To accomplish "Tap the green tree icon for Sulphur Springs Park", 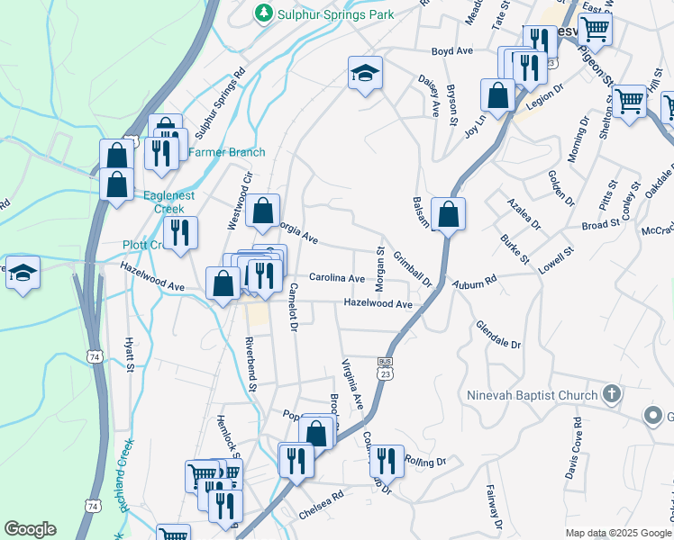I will (x=263, y=13).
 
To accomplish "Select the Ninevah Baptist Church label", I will (x=533, y=395).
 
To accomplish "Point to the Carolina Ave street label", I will (x=337, y=279).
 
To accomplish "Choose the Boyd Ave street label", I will (x=452, y=52).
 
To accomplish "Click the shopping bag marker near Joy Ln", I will (x=497, y=94).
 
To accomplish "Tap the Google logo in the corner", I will (x=31, y=529).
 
